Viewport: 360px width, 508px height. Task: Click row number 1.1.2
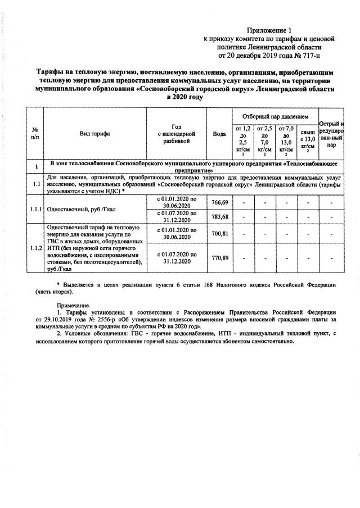coord(35,247)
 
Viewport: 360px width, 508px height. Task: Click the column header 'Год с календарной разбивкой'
coord(177,133)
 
